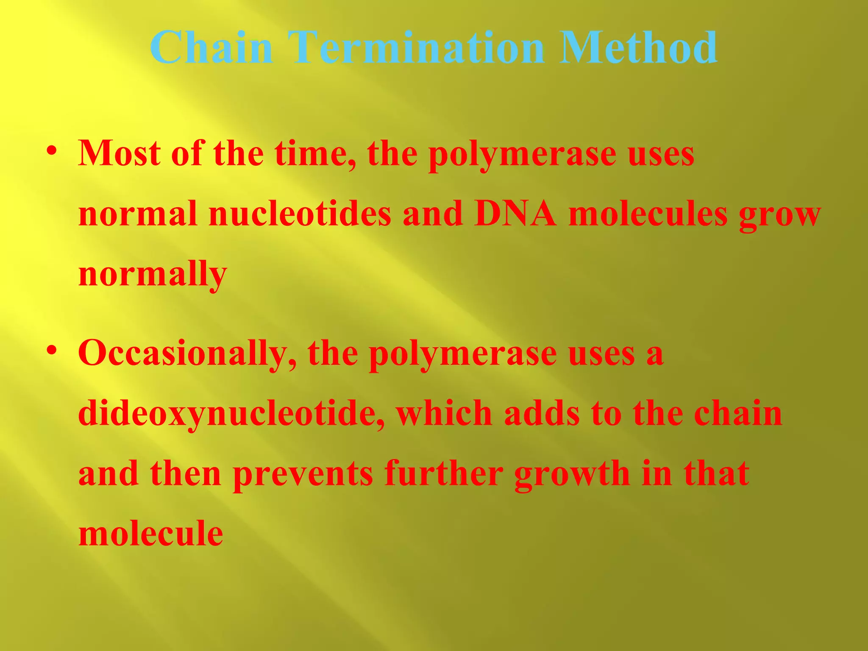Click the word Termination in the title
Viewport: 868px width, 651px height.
tap(415, 47)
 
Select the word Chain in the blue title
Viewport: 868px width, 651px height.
tap(211, 47)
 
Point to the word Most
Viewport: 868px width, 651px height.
tap(119, 153)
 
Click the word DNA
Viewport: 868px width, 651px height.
tap(515, 214)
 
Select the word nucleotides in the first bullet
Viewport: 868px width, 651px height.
tap(300, 214)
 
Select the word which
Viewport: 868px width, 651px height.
tap(444, 413)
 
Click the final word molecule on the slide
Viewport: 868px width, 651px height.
tap(151, 534)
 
